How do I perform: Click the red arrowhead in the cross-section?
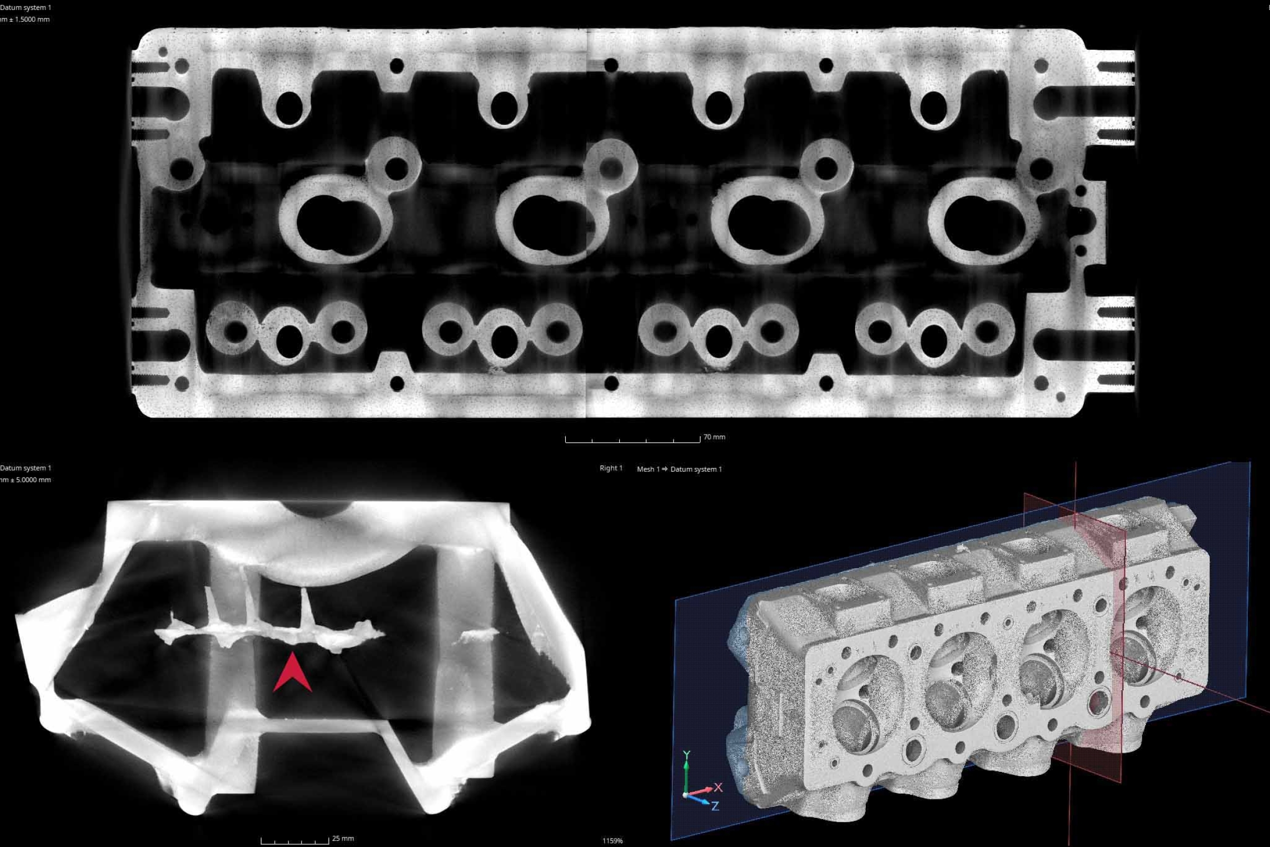pyautogui.click(x=292, y=673)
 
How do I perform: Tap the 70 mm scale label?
pyautogui.click(x=714, y=437)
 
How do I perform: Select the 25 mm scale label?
pyautogui.click(x=343, y=839)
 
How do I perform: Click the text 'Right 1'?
pyautogui.click(x=611, y=468)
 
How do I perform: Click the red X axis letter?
pyautogui.click(x=718, y=788)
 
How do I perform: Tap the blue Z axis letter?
pyautogui.click(x=715, y=806)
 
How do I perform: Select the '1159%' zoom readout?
pyautogui.click(x=612, y=841)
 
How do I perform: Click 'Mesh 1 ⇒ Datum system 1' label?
pyautogui.click(x=679, y=469)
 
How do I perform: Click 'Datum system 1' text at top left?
pyautogui.click(x=25, y=7)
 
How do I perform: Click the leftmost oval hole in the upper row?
pyautogui.click(x=289, y=106)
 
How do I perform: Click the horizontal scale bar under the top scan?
pyautogui.click(x=632, y=440)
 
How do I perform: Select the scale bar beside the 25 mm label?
pyautogui.click(x=295, y=841)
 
